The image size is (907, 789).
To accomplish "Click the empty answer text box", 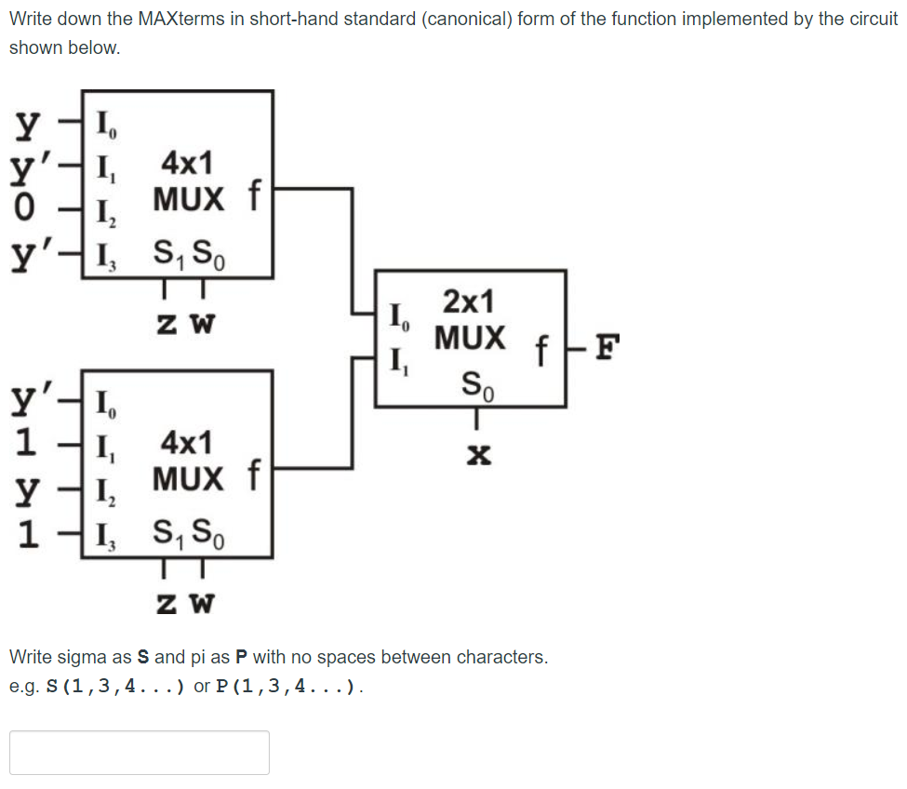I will (140, 752).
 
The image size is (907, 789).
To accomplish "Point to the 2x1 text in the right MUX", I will (469, 301).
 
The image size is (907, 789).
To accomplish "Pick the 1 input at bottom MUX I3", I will (28, 535).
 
